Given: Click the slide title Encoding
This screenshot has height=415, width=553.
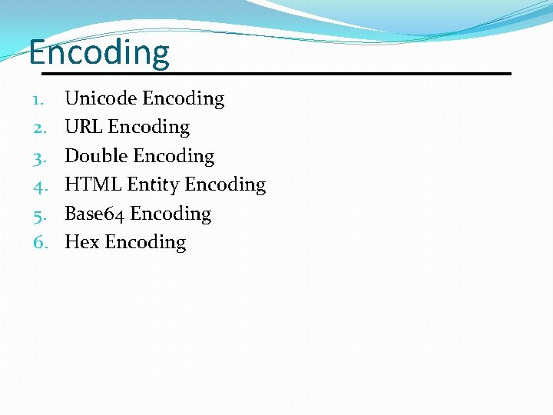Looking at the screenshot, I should (99, 54).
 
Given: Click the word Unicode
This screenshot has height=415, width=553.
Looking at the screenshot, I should (101, 98).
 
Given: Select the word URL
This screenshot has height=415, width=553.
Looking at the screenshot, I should (84, 127).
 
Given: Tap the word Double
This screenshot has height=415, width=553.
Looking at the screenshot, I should (96, 156).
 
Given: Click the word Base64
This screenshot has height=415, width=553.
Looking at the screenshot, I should (94, 214).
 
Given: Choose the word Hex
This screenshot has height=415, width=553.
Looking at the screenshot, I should (82, 242).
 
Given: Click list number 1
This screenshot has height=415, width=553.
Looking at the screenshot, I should (41, 99).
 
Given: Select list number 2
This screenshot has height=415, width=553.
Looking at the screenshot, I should (41, 128).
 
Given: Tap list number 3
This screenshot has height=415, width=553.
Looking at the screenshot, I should (41, 157).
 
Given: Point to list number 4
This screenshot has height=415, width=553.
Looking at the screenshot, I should (41, 185).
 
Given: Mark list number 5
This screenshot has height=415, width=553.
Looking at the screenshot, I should (41, 214).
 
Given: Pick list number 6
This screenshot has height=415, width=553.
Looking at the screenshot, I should (41, 243).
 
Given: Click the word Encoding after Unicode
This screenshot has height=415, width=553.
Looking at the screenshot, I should (184, 99).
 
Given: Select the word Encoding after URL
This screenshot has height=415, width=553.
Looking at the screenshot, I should (149, 128).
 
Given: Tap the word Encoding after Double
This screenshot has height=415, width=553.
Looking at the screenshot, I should (174, 157).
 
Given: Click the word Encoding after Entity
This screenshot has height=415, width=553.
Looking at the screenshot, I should (225, 185).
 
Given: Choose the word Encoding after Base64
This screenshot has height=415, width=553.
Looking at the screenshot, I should (171, 214).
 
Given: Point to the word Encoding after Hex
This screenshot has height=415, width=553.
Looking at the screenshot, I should (145, 243).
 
